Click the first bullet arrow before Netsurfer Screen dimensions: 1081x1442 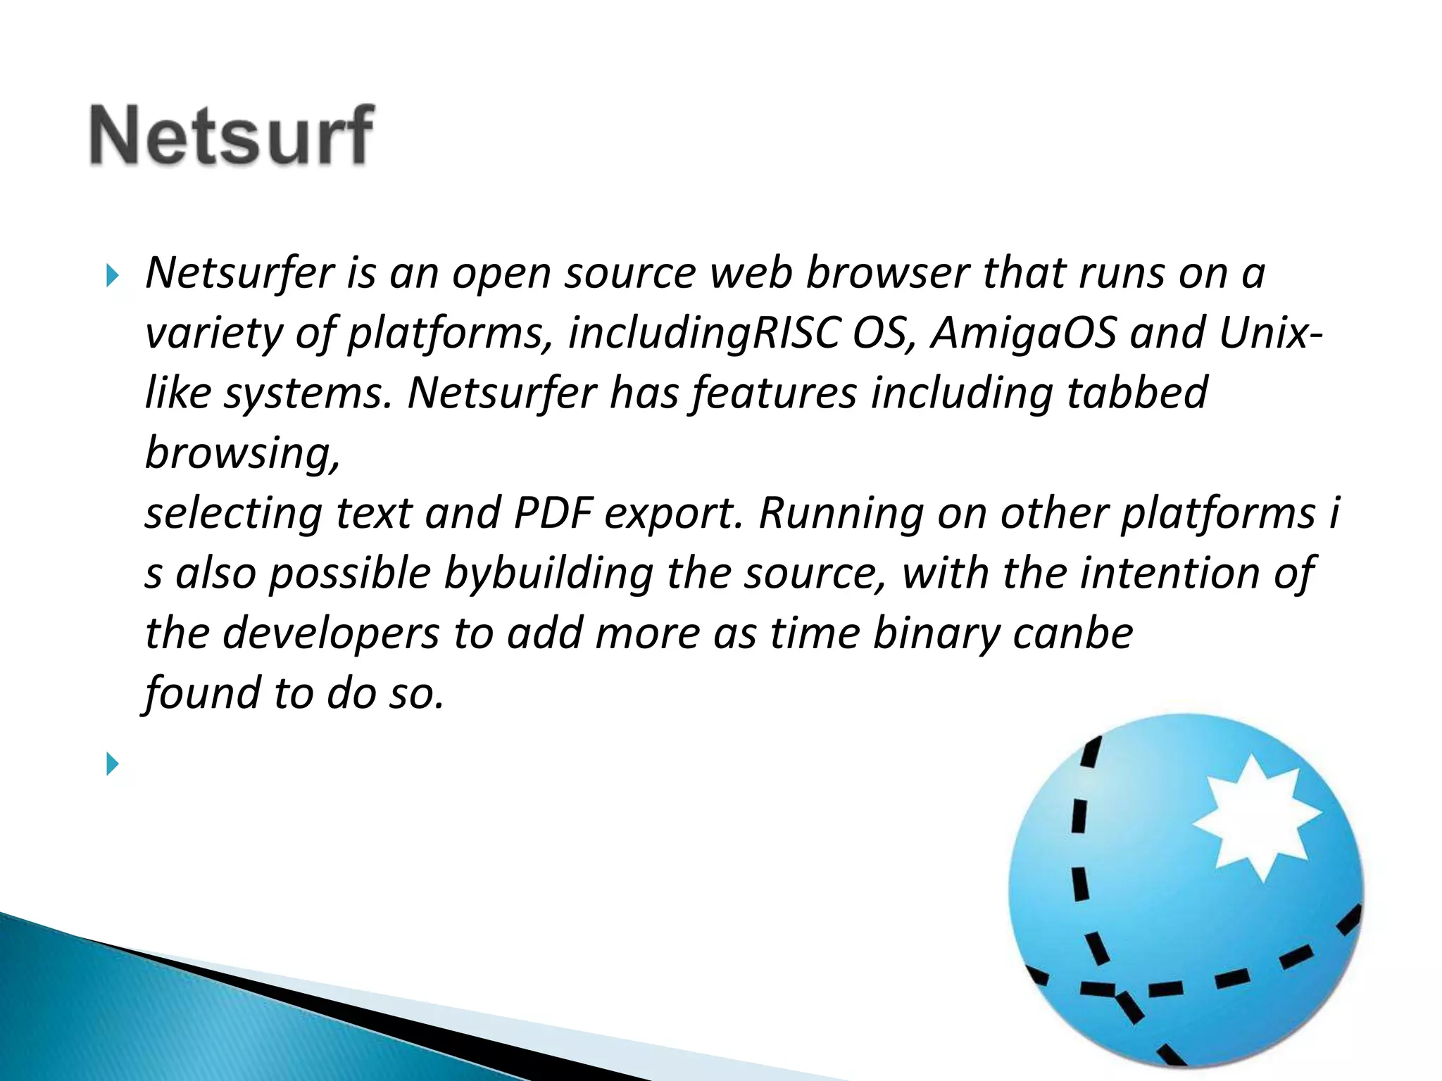coord(113,275)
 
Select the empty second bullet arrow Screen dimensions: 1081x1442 coord(113,764)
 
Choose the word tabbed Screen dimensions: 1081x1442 coord(1137,392)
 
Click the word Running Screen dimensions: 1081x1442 coord(841,512)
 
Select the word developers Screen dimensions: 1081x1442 coord(331,633)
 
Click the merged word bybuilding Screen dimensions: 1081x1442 coord(549,573)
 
